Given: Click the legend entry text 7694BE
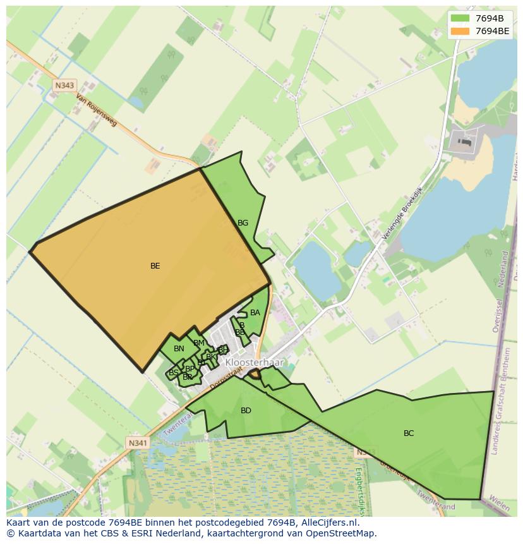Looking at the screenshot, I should (x=492, y=30).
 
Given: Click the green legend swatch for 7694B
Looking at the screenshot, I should (x=460, y=18).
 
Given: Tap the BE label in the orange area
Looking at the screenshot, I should (x=155, y=266).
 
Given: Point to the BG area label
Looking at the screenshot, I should (x=243, y=223).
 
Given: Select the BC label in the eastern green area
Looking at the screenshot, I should (x=409, y=433).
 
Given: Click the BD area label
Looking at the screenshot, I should (x=246, y=411).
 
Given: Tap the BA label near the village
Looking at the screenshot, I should (x=255, y=313).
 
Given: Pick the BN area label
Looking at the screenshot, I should (x=179, y=349).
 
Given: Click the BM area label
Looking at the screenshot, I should (x=199, y=343).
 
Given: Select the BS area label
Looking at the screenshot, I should (x=173, y=373).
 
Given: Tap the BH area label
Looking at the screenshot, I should (x=222, y=349).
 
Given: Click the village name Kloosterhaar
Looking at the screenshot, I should (x=255, y=363).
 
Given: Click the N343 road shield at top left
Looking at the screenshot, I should (x=64, y=85).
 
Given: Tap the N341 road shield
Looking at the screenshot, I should (x=137, y=443).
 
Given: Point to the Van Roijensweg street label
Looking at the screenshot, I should (x=97, y=111).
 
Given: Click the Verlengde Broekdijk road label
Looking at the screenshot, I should (x=402, y=214).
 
